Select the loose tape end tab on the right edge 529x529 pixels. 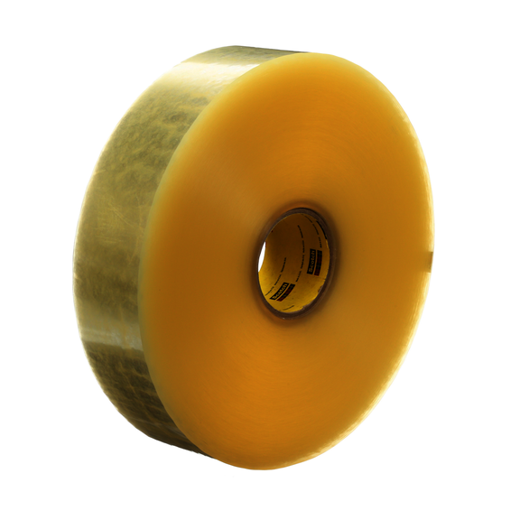click(x=431, y=263)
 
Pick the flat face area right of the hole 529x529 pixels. click(x=379, y=262)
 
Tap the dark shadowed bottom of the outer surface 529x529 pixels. click(x=153, y=424)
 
